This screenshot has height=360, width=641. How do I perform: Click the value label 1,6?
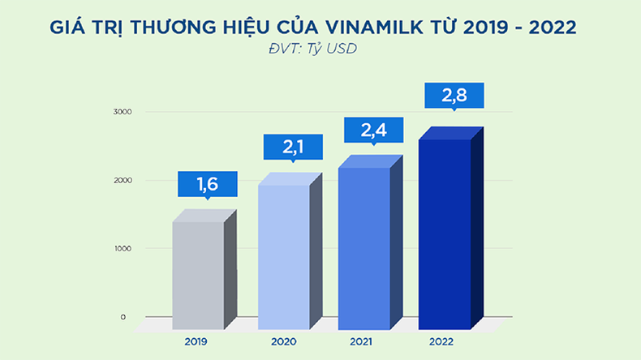click(208, 183)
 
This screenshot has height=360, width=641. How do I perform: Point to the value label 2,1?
click(292, 147)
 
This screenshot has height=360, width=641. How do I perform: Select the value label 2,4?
click(374, 130)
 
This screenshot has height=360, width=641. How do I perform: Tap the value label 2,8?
click(454, 95)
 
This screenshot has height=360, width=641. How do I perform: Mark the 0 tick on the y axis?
click(123, 317)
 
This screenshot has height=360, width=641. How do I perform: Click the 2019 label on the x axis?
click(196, 342)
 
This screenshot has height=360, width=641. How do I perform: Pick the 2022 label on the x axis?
click(444, 342)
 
